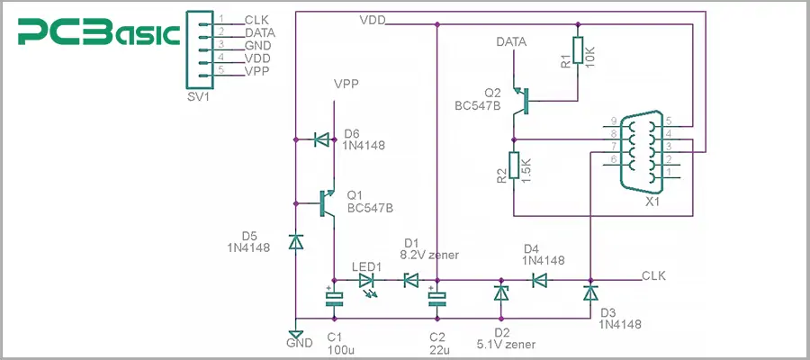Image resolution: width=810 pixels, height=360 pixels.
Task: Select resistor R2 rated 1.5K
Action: pos(513,166)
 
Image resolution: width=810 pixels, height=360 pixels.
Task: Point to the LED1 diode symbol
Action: pos(367,280)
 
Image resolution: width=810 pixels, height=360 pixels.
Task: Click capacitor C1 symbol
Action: pos(334,298)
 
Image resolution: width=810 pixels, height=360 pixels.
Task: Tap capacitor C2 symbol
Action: pos(436,298)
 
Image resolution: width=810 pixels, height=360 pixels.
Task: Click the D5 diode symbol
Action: pos(296,241)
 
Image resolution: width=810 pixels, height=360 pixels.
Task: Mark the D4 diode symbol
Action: pos(539,280)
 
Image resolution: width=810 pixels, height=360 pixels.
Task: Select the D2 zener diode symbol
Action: pos(499,293)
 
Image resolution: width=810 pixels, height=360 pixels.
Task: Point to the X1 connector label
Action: pos(652,202)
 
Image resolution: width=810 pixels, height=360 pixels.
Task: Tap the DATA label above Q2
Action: pos(511,41)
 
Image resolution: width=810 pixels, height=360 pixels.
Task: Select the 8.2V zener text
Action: pos(428,256)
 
